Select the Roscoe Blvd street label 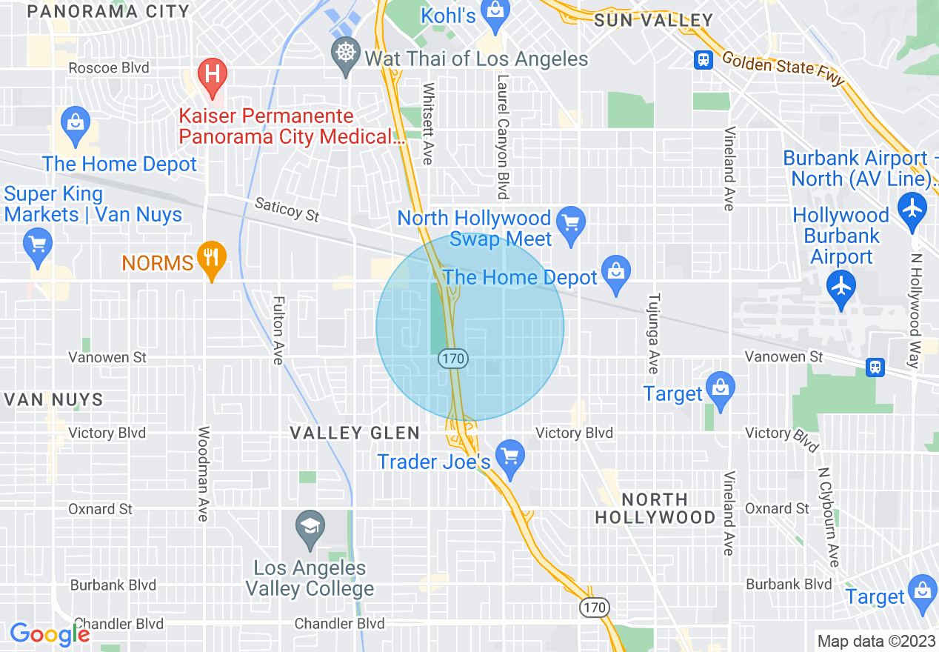pyautogui.click(x=109, y=67)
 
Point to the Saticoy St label pyautogui.click(x=287, y=210)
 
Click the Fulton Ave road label pyautogui.click(x=278, y=330)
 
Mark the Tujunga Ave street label pyautogui.click(x=653, y=333)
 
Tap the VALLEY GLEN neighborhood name pyautogui.click(x=355, y=433)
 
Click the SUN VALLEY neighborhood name pyautogui.click(x=654, y=21)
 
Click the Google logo pyautogui.click(x=50, y=634)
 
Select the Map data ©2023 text pyautogui.click(x=875, y=641)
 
